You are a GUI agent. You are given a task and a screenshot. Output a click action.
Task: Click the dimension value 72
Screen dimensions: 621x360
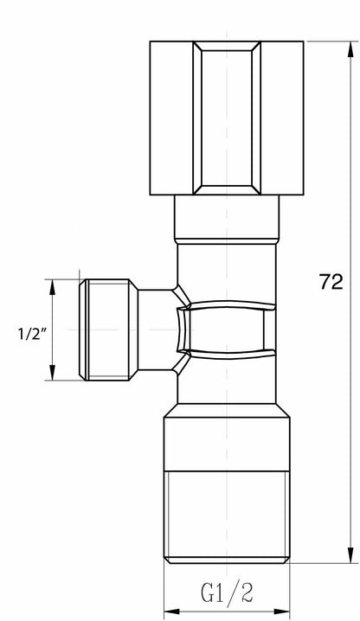tap(331, 281)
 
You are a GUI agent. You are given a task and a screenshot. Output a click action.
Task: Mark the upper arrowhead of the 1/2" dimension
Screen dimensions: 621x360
tap(53, 284)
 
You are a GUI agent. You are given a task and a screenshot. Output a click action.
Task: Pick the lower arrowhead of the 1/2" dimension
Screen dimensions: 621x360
tap(53, 377)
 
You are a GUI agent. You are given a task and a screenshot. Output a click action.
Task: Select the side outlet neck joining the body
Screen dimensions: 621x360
tap(156, 330)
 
